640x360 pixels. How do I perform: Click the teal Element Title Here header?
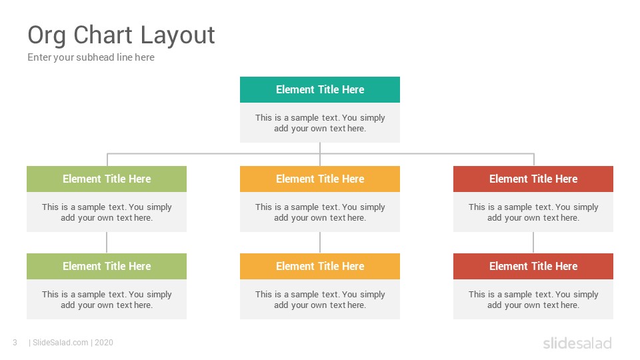coord(320,89)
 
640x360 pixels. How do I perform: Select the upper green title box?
coord(107,179)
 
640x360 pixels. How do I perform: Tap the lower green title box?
coord(107,266)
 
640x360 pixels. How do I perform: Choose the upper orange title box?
coord(320,179)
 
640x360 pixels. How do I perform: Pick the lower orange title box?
coord(320,266)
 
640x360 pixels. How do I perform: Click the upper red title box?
coord(533,179)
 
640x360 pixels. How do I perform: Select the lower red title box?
coord(533,266)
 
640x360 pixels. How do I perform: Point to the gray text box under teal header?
coord(320,123)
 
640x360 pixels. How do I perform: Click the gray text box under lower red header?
coord(533,299)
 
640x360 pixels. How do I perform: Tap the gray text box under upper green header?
coord(107,212)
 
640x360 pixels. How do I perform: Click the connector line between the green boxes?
coord(107,243)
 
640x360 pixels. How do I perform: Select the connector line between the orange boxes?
coord(320,243)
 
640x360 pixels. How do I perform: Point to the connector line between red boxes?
coord(533,243)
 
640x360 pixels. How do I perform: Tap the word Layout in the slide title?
coord(177,36)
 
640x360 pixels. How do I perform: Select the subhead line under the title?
coord(91,57)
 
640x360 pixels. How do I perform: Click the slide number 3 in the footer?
coord(15,343)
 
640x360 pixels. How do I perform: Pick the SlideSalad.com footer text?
coord(61,343)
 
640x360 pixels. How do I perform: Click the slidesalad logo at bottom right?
coord(577,343)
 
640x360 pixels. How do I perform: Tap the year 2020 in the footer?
coord(104,343)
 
